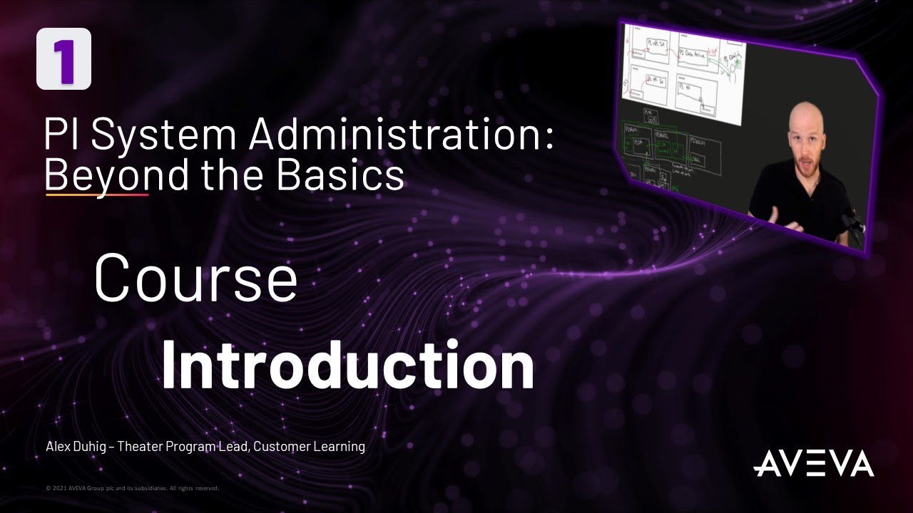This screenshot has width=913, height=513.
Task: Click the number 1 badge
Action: click(63, 59)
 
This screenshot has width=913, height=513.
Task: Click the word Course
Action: click(195, 279)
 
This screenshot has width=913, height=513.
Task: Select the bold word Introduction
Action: click(347, 365)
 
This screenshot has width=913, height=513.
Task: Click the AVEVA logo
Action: click(813, 463)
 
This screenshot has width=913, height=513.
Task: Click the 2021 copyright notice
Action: click(132, 489)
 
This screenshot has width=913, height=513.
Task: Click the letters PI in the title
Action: click(63, 134)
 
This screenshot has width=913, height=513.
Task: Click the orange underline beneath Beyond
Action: click(96, 193)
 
